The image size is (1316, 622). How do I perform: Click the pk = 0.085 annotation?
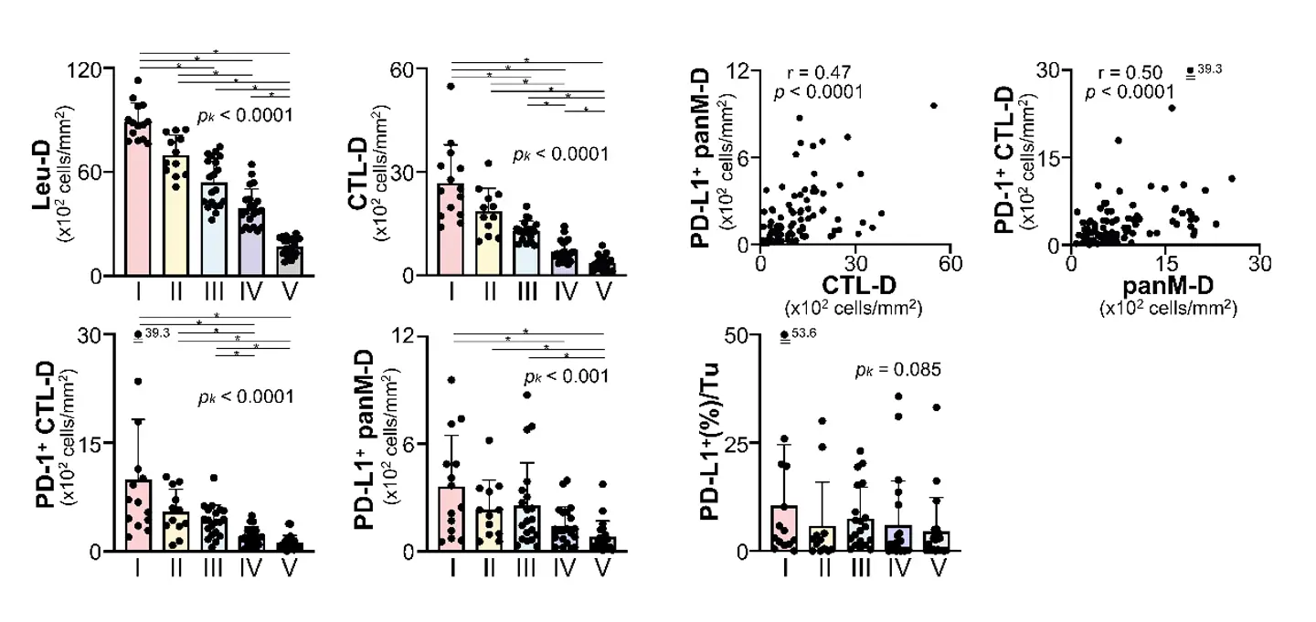pos(897,370)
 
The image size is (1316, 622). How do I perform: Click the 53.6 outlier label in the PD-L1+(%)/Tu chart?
pos(803,333)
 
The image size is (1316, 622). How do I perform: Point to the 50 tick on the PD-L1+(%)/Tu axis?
pos(744,334)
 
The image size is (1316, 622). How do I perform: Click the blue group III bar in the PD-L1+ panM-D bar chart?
pos(525,529)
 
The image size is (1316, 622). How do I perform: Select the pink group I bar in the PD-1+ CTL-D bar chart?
pos(138,516)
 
